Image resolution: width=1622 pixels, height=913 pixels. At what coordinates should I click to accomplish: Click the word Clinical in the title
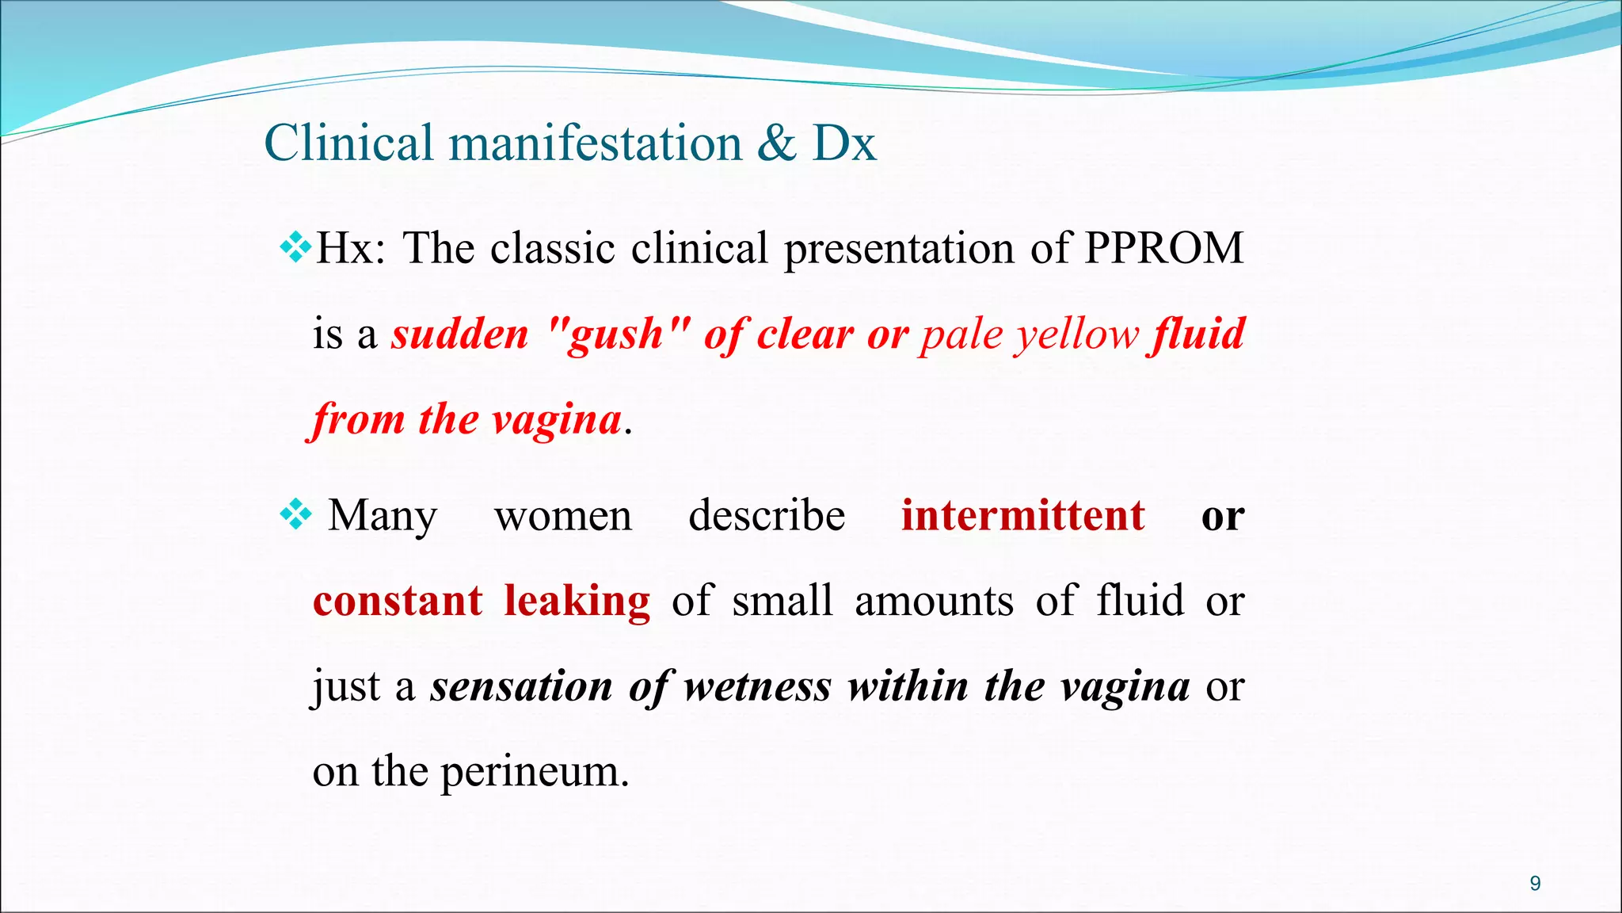click(x=348, y=143)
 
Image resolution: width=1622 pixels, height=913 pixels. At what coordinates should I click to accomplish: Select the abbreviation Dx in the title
click(x=844, y=143)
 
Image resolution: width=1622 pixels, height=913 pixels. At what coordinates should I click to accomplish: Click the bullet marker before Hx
click(x=295, y=248)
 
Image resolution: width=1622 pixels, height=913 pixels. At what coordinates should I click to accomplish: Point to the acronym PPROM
click(x=1163, y=248)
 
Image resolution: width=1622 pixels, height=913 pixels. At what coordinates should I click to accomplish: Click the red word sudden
click(x=459, y=334)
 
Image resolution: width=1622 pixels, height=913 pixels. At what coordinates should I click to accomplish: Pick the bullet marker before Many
click(x=295, y=516)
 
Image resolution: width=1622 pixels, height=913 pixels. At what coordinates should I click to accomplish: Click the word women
click(x=563, y=516)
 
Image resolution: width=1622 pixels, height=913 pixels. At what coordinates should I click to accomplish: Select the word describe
click(x=767, y=516)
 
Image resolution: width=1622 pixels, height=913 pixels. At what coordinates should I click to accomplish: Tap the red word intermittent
click(x=1023, y=516)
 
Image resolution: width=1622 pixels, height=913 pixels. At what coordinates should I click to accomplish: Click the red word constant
click(x=398, y=601)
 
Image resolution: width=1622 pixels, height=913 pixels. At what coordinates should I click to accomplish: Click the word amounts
click(x=934, y=601)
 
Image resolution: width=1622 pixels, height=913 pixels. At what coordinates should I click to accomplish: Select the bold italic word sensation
click(x=521, y=686)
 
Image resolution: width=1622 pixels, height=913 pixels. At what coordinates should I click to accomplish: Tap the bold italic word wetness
click(x=758, y=686)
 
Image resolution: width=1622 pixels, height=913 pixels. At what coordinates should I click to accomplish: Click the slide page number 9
click(x=1535, y=884)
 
